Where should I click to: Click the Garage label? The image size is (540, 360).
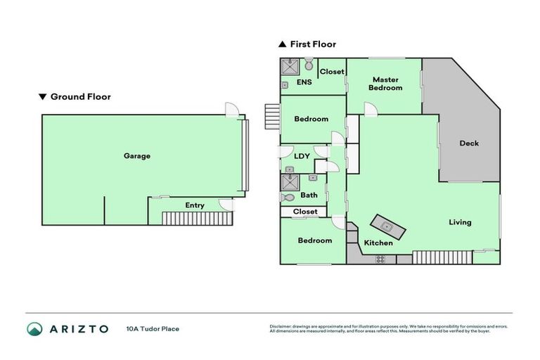pos(137,156)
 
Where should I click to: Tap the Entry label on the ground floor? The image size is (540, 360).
pos(195,205)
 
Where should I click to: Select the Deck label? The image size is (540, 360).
pos(469,143)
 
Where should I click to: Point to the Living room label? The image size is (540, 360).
pos(460,222)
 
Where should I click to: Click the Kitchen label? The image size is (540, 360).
pos(378,243)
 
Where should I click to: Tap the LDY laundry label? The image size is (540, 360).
pos(302,156)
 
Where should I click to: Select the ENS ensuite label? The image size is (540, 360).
pos(304,82)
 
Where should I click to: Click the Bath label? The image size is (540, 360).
pos(309,195)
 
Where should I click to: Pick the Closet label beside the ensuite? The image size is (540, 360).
pos(332,72)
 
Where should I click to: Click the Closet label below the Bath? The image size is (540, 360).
pos(305,212)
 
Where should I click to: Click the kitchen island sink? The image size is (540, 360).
pos(387,226)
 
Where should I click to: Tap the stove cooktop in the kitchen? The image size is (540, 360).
pos(380,259)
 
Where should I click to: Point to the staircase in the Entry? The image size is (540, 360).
pos(197,218)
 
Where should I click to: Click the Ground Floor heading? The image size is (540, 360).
pos(79,97)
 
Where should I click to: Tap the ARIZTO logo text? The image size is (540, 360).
pos(78,328)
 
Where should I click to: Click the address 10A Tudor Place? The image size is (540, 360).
pos(153,328)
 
